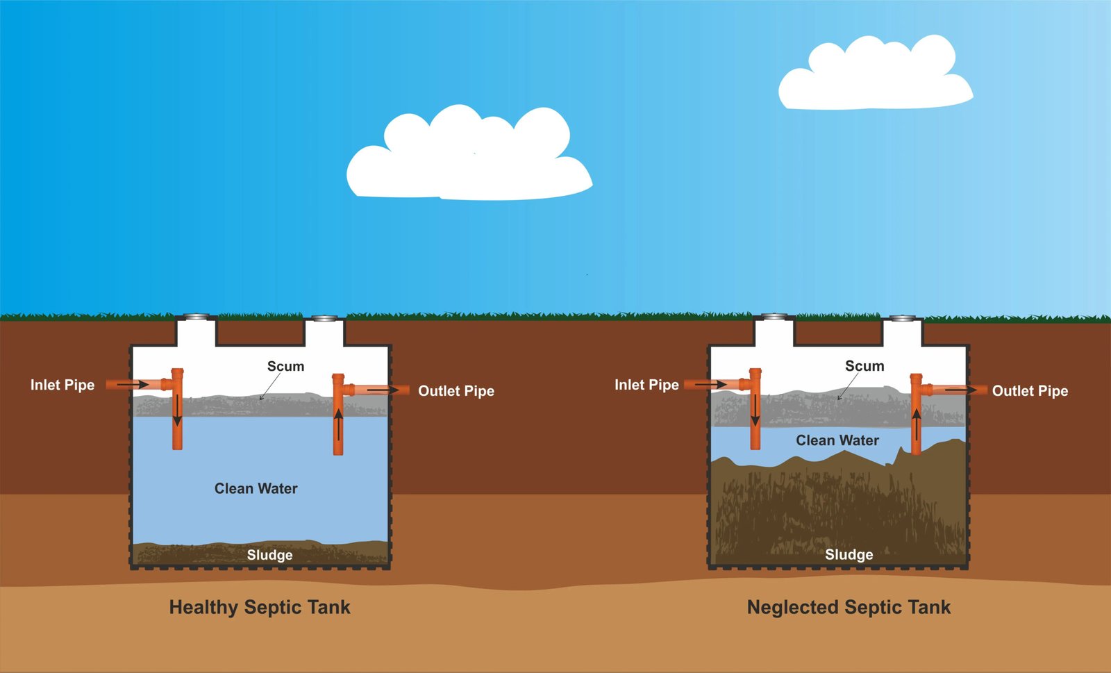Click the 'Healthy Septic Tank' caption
[x=260, y=607]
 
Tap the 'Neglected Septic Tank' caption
[x=849, y=607]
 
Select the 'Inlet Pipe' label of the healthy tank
[x=62, y=385]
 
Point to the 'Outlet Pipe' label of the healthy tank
[x=456, y=391]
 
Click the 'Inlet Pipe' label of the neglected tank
[x=646, y=385]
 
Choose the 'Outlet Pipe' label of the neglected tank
[x=1030, y=391]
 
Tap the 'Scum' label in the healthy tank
[x=285, y=366]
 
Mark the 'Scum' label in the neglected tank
[x=864, y=366]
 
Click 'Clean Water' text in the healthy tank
[x=256, y=488]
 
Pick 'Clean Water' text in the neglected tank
[x=837, y=440]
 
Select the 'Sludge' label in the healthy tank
[x=269, y=555]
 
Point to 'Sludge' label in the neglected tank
[x=849, y=554]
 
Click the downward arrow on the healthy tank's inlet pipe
[x=177, y=410]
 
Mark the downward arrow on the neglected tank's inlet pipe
[x=755, y=410]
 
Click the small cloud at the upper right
[x=875, y=76]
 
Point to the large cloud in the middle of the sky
[x=469, y=156]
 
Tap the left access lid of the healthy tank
[x=197, y=317]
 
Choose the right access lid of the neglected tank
[x=902, y=318]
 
